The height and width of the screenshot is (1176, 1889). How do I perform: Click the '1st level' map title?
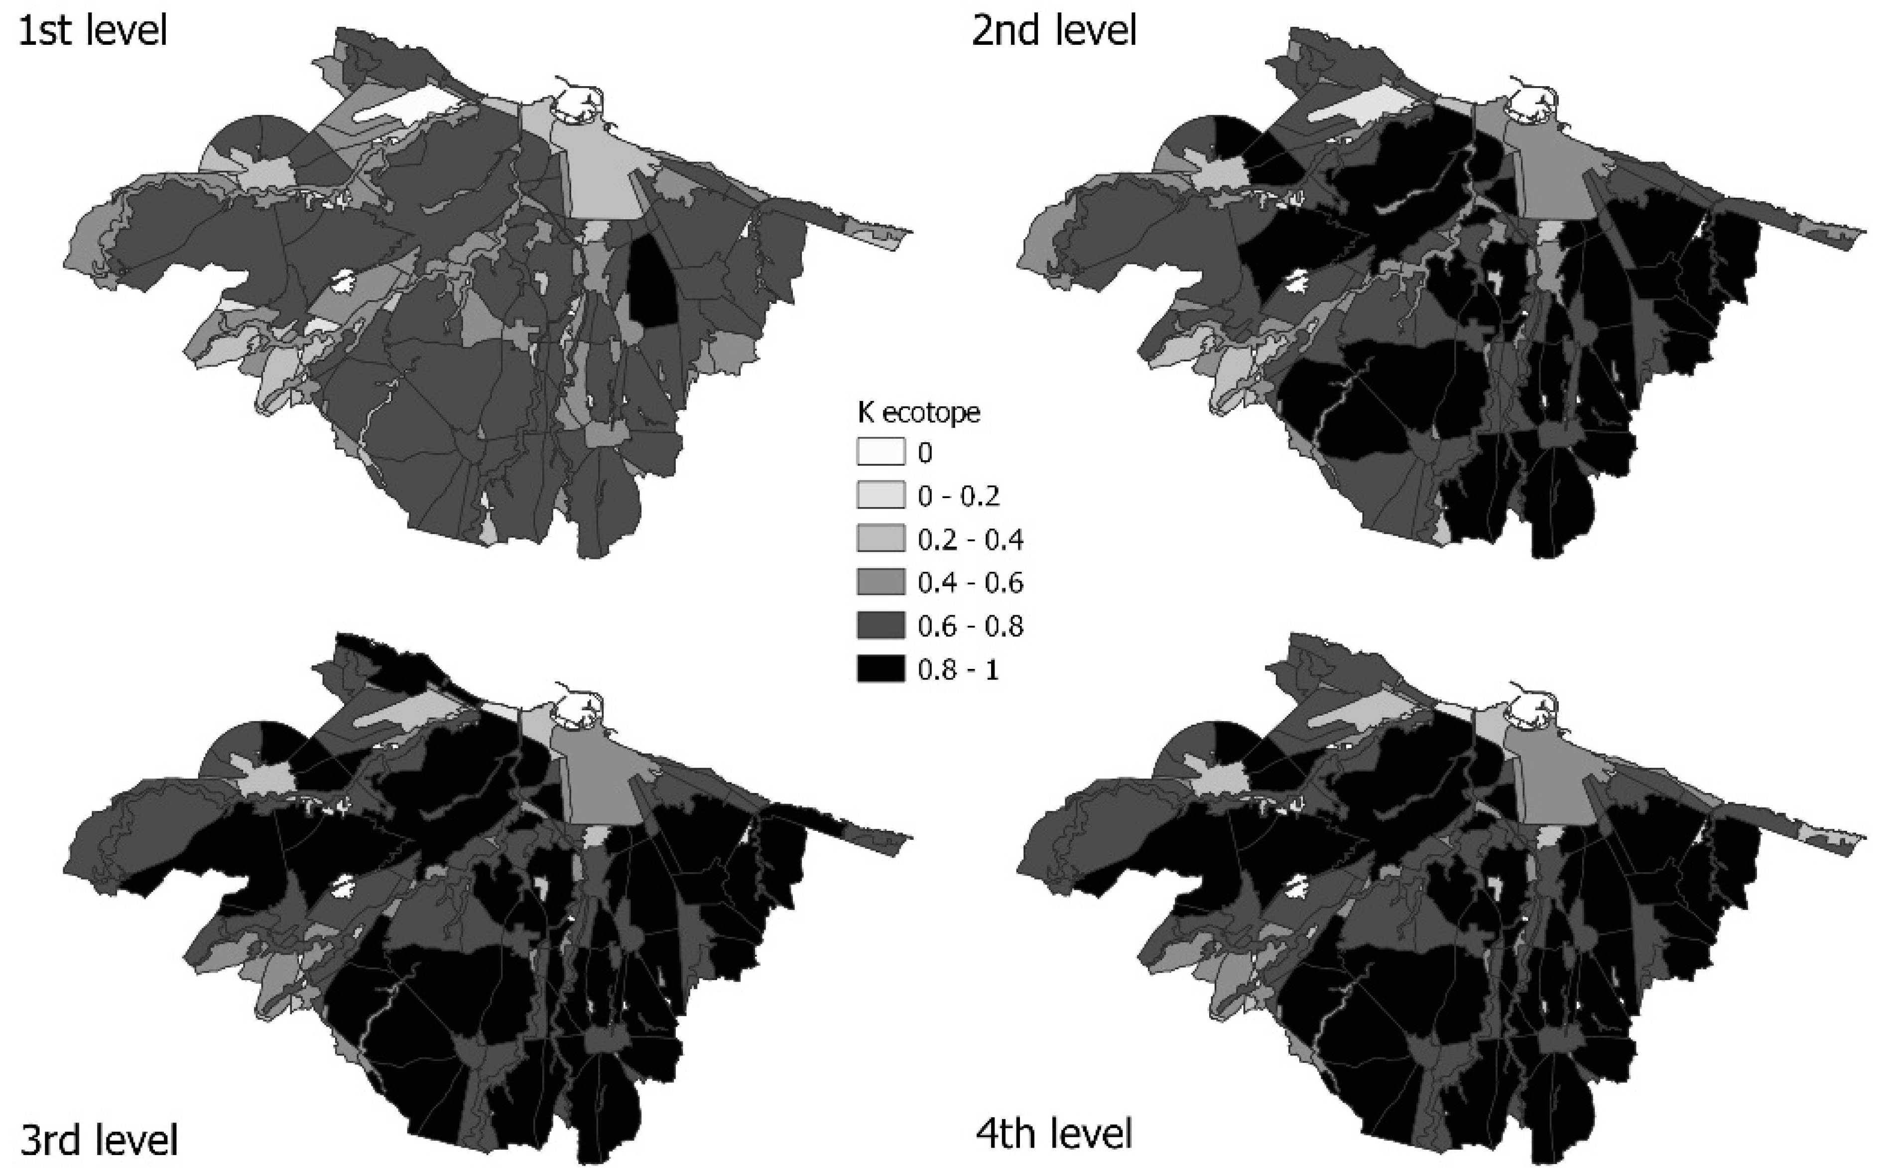pyautogui.click(x=92, y=31)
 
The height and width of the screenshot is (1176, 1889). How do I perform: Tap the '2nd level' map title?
pyautogui.click(x=1054, y=31)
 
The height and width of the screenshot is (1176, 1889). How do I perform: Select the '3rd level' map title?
pyautogui.click(x=99, y=1140)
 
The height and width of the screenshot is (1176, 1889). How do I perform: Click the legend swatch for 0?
pyautogui.click(x=881, y=452)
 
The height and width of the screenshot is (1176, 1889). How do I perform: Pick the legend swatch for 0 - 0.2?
pyautogui.click(x=881, y=495)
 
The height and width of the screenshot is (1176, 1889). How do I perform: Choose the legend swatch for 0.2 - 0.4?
pyautogui.click(x=881, y=538)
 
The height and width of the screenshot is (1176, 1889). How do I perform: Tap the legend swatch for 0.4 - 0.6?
pyautogui.click(x=881, y=582)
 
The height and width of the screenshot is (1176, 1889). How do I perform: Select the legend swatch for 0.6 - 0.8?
pyautogui.click(x=881, y=625)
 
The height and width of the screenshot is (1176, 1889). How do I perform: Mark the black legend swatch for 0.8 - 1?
pyautogui.click(x=881, y=669)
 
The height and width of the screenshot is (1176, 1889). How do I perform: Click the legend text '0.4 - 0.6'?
pyautogui.click(x=970, y=583)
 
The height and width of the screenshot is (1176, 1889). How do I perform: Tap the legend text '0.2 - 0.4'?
pyautogui.click(x=970, y=539)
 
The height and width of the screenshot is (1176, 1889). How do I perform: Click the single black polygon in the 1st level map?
pyautogui.click(x=652, y=281)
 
